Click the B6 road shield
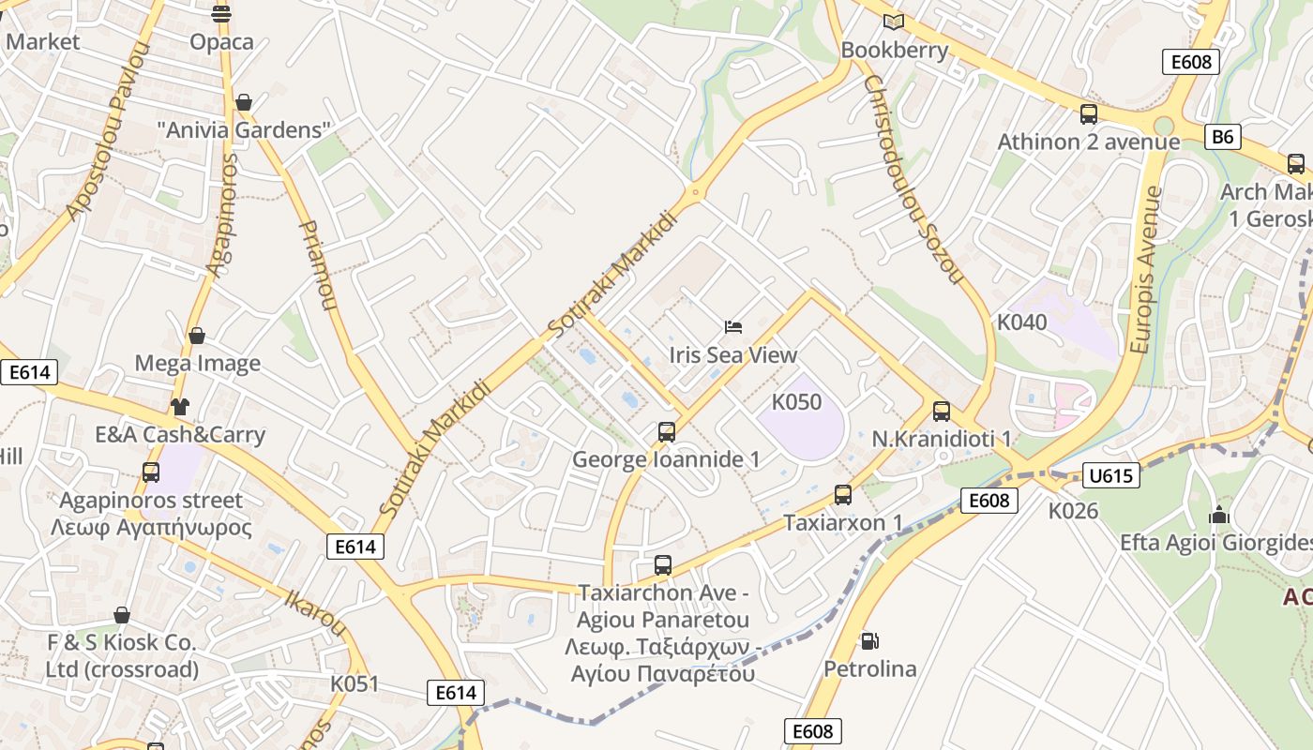tap(1222, 137)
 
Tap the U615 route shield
tap(1110, 475)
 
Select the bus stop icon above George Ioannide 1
tap(667, 432)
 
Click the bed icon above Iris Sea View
tap(733, 327)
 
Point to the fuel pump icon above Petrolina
tap(869, 641)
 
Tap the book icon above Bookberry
tap(894, 22)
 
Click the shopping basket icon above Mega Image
tap(197, 336)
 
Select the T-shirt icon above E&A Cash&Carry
tap(180, 407)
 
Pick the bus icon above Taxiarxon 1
tap(843, 495)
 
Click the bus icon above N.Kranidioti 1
tap(942, 412)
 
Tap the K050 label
tap(796, 402)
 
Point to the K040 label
tap(1021, 322)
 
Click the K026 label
tap(1073, 511)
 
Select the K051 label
tap(355, 683)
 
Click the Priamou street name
tap(317, 265)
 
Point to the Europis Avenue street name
tap(1146, 269)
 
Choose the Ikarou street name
tap(315, 610)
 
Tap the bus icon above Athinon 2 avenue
tap(1089, 114)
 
